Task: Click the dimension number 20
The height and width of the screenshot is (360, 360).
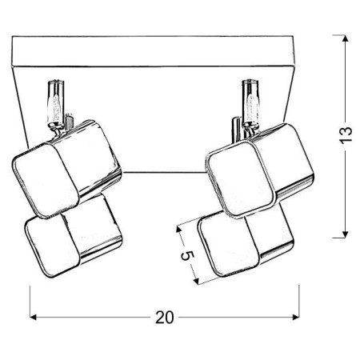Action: [x=165, y=316]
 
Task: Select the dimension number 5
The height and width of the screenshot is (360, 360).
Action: [x=186, y=257]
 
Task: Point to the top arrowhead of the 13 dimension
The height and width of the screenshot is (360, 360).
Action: [x=344, y=38]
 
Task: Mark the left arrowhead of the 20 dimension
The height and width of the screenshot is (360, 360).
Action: [x=34, y=316]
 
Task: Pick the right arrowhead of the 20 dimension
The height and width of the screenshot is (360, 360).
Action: [x=296, y=316]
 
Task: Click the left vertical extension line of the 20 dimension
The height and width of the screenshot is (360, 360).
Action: [x=30, y=300]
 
